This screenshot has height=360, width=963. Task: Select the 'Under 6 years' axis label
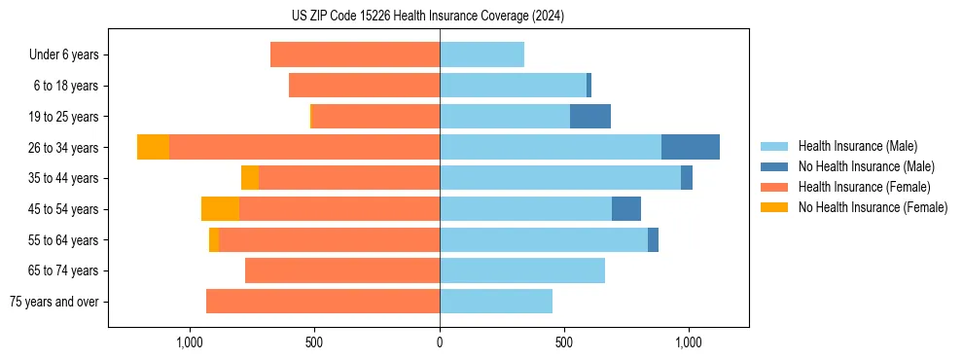(64, 54)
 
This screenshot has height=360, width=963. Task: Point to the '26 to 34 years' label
(64, 148)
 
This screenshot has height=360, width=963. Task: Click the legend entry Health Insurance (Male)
(857, 146)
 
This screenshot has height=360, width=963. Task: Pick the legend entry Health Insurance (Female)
(864, 187)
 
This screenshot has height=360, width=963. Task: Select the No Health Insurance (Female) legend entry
(872, 207)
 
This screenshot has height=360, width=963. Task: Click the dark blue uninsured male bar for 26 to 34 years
(691, 147)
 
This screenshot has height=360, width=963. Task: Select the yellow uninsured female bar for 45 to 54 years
(220, 209)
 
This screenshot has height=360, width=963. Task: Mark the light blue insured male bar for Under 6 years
(481, 54)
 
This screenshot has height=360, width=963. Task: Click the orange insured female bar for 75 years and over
(323, 302)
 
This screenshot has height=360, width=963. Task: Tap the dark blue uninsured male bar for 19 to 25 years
(590, 117)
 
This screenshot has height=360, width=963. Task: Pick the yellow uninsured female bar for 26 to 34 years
(153, 147)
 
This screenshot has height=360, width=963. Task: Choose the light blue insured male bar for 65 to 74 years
(522, 270)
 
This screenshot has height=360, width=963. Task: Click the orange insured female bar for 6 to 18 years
(365, 86)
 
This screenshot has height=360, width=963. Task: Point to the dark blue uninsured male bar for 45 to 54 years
(626, 209)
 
